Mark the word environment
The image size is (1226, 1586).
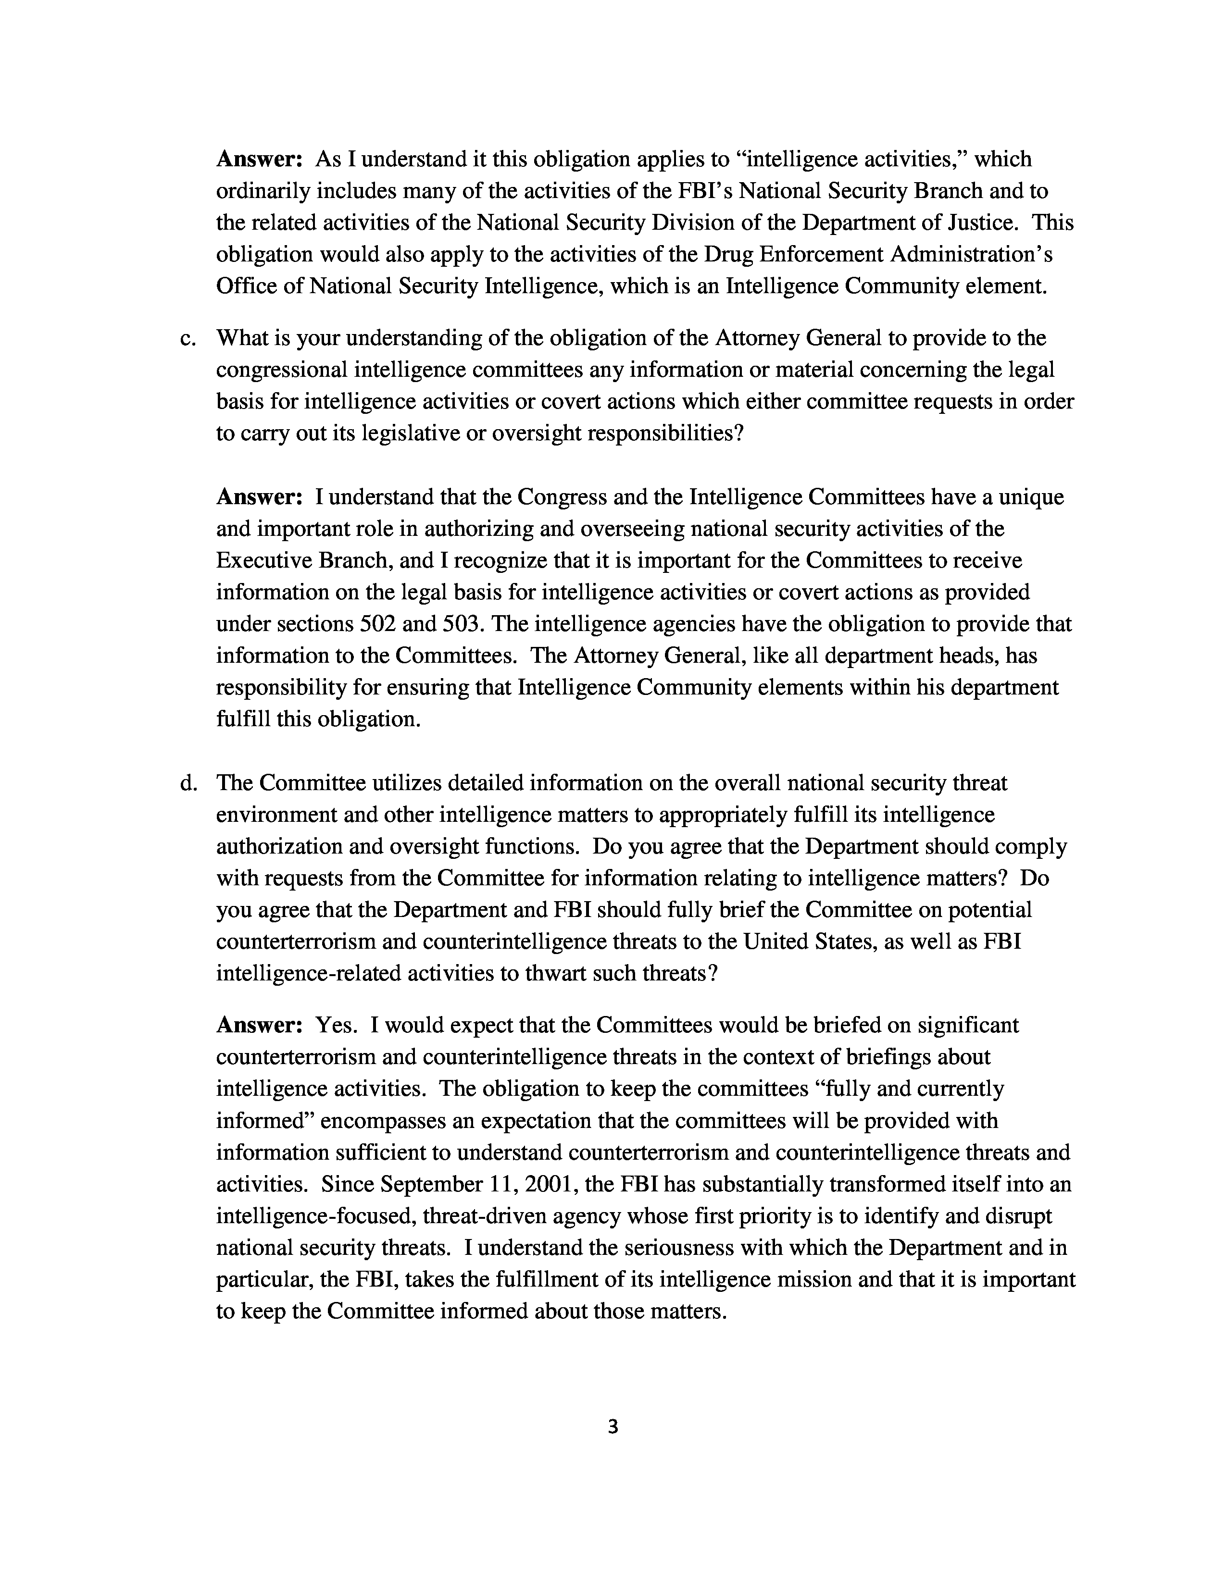click(x=276, y=816)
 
